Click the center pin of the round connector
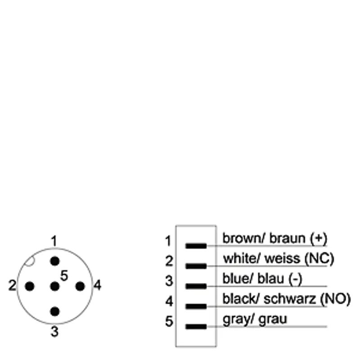point(55,286)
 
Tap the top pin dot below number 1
point(55,261)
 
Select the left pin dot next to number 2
point(30,286)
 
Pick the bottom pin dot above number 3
point(55,311)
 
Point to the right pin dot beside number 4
point(80,286)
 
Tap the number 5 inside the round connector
point(64,275)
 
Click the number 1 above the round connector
point(54,241)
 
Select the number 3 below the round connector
point(54,332)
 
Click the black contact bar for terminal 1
point(196,246)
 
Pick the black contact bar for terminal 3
point(196,286)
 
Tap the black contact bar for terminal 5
point(196,327)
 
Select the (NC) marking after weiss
point(319,258)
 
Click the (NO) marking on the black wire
point(335,299)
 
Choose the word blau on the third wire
point(271,279)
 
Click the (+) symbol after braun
point(319,238)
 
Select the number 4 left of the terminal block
point(169,301)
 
